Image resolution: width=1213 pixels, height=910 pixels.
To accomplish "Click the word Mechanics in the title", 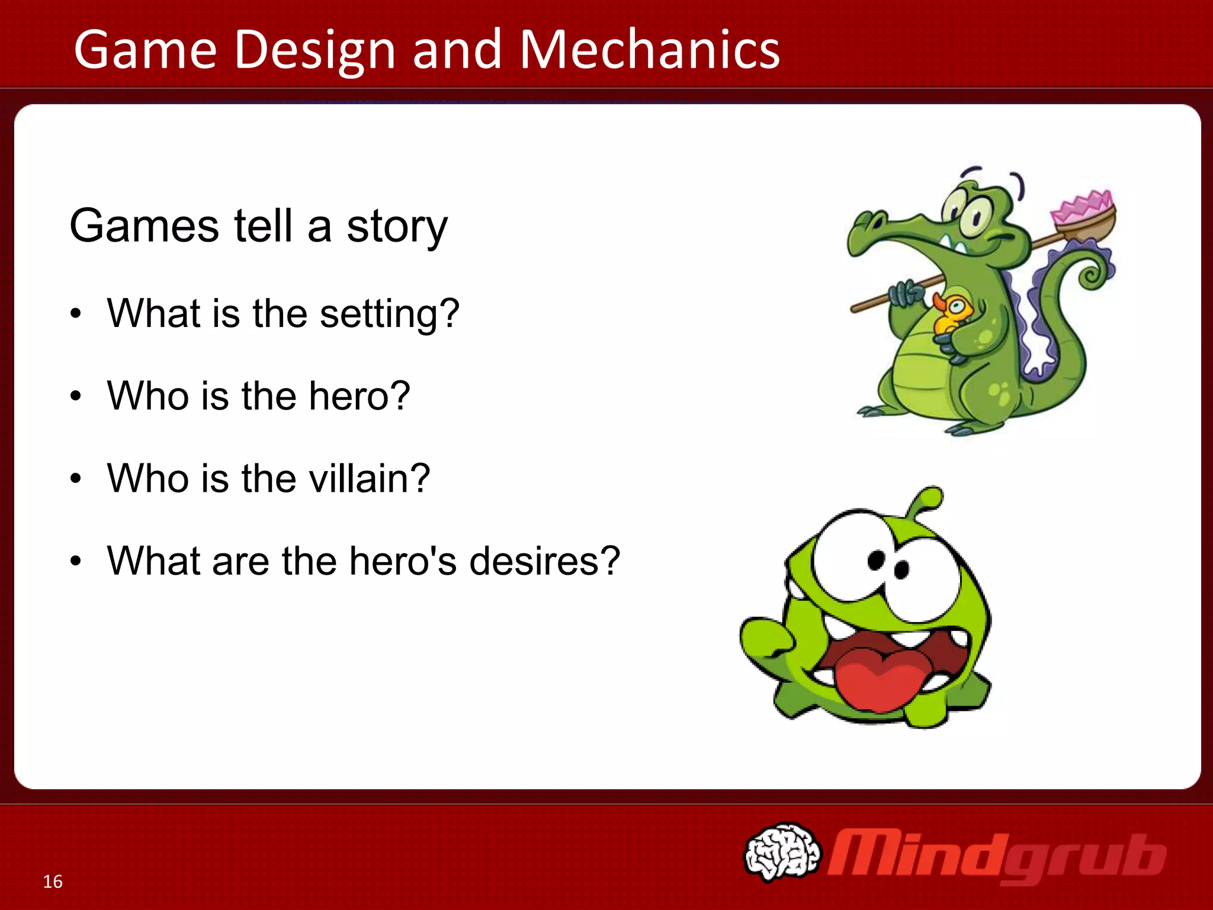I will point(650,50).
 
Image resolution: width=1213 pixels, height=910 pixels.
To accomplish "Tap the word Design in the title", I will point(315,50).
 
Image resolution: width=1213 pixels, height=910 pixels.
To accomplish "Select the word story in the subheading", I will point(397,226).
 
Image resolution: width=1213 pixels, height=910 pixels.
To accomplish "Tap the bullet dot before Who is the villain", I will point(75,479).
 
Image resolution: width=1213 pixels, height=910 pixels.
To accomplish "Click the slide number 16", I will point(53,882).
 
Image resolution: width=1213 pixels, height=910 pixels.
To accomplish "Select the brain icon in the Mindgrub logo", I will point(782,852).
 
